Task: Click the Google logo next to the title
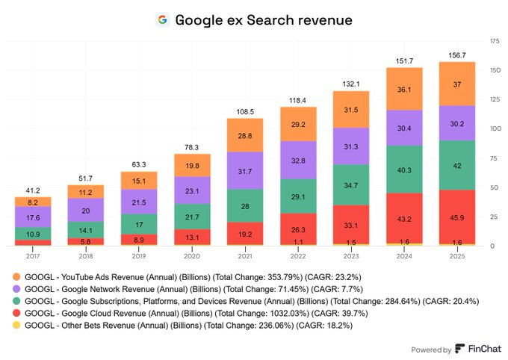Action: [x=162, y=19]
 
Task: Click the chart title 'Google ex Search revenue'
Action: [x=263, y=19]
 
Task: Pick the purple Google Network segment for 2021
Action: [x=245, y=171]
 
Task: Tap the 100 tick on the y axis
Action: [x=495, y=128]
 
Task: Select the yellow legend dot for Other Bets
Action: [x=16, y=326]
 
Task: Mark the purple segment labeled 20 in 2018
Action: [x=86, y=210]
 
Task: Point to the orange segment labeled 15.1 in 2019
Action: [x=139, y=180]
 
